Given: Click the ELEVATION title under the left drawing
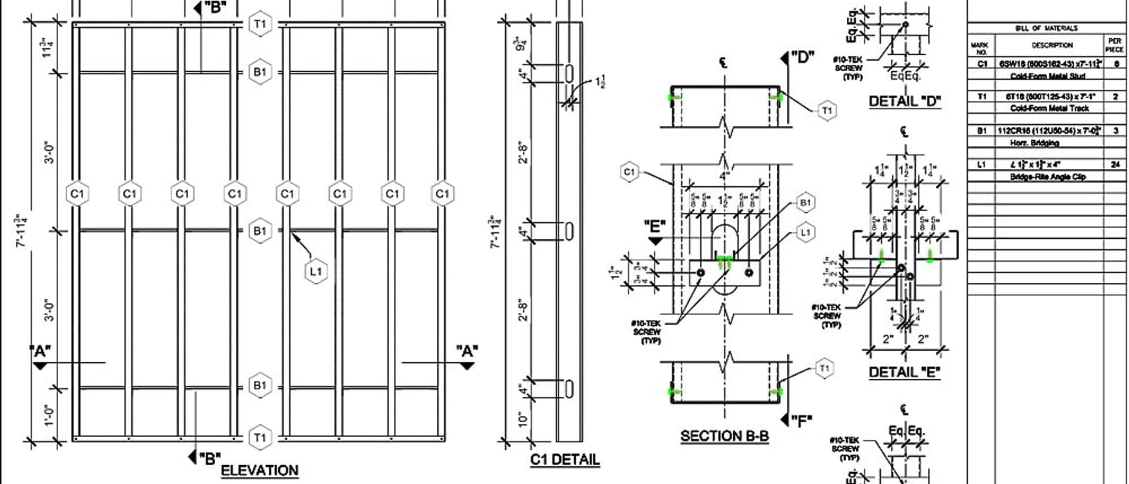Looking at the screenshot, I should point(259,470).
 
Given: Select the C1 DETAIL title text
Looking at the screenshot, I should point(564,460).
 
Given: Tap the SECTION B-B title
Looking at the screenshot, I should point(724,436).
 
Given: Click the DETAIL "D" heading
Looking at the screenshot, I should point(904,101).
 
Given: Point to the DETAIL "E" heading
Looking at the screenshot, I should point(904,372).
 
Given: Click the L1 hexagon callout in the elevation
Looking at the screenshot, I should point(316,271).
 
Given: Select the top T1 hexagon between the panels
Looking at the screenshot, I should point(260,24).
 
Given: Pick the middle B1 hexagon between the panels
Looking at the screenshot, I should point(260,231).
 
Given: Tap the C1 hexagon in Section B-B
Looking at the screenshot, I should point(629,172).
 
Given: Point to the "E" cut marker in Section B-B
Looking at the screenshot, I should point(654,226).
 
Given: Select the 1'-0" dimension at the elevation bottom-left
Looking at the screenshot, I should point(49,413).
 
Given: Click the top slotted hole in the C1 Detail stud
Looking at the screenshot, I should point(569,74).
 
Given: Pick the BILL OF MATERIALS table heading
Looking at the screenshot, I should point(1046,28).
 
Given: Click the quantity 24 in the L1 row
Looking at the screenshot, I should point(1115,165).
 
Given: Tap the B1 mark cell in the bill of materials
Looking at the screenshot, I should point(981,131).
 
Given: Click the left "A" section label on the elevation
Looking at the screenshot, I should point(40,352).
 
